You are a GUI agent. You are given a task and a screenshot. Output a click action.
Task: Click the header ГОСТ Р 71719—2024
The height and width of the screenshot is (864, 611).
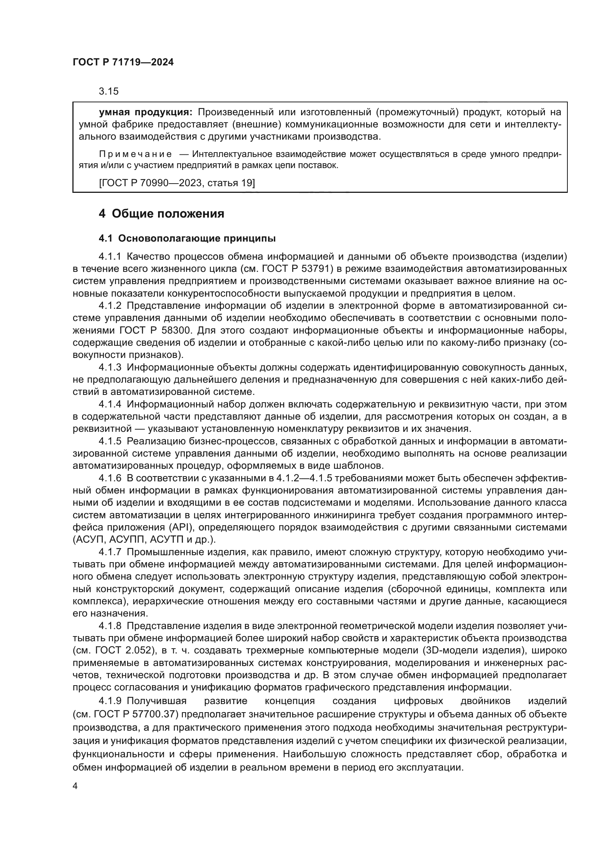point(123,62)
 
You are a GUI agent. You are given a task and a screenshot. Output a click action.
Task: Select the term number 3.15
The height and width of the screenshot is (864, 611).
point(108,91)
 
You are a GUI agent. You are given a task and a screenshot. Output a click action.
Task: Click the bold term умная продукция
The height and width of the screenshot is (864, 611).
point(145,112)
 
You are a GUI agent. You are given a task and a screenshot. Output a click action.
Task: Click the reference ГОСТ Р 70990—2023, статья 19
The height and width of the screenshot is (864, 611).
point(177,183)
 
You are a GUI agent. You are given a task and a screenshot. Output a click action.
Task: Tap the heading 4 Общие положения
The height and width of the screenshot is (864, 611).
point(161,214)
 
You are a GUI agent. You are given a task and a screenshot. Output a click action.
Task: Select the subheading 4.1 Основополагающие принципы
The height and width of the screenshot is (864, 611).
point(187,238)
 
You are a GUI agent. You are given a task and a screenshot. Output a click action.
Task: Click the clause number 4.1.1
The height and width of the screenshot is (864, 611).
point(110,257)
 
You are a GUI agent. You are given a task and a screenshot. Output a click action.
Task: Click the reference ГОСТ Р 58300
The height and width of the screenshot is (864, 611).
point(156,330)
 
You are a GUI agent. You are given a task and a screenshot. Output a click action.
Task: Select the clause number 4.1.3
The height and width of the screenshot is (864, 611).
point(110,367)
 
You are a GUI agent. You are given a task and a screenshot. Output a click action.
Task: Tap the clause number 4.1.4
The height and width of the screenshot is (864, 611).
point(110,404)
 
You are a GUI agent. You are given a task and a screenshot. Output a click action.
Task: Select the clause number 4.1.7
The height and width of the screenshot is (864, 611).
point(110,552)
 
